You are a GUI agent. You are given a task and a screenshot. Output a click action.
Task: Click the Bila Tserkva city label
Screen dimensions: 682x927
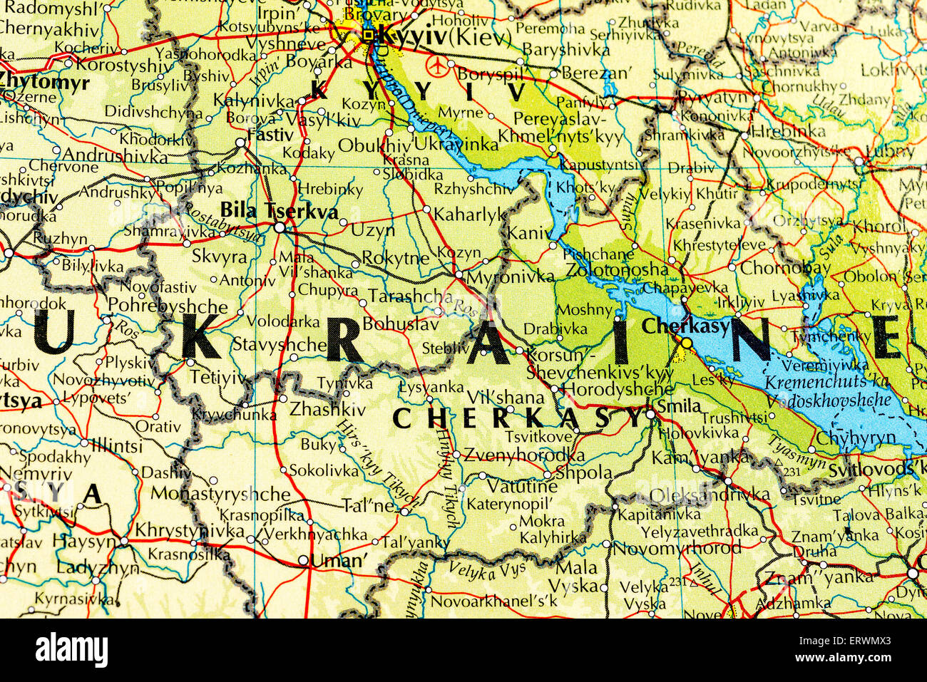pyautogui.click(x=279, y=210)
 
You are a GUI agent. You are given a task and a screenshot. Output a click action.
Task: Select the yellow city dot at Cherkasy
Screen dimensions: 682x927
pyautogui.click(x=686, y=343)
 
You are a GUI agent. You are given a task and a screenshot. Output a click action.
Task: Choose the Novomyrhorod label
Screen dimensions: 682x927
pyautogui.click(x=677, y=548)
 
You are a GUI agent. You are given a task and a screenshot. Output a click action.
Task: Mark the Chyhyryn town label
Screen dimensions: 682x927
pyautogui.click(x=854, y=438)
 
